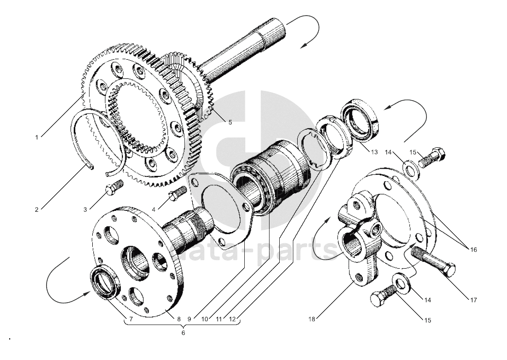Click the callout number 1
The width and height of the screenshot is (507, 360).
36,137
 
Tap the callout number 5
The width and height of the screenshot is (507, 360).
230,122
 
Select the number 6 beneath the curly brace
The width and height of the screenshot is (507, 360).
183,333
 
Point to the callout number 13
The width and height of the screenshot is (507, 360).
374,152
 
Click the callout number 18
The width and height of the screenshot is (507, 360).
311,319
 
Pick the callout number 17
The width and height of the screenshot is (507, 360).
473,300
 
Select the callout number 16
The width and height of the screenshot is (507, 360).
473,250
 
